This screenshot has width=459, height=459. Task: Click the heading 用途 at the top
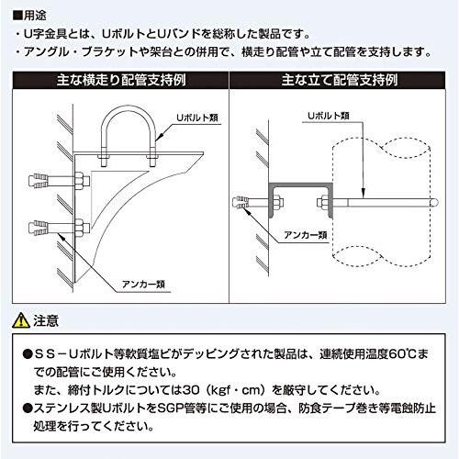tap(28, 13)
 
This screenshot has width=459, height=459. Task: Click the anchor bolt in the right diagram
tap(249, 202)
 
